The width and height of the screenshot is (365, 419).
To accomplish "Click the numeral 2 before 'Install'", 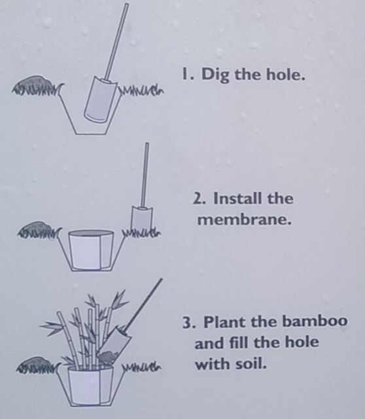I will click(199, 198).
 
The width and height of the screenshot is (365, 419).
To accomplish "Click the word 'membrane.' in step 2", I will click(244, 219).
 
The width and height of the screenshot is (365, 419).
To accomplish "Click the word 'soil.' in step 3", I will click(250, 364).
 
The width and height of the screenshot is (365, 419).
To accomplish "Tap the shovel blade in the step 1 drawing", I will click(99, 98).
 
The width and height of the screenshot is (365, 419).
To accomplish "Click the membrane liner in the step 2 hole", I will click(91, 249).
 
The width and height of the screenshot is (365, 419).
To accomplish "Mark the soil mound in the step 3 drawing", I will click(36, 360).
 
